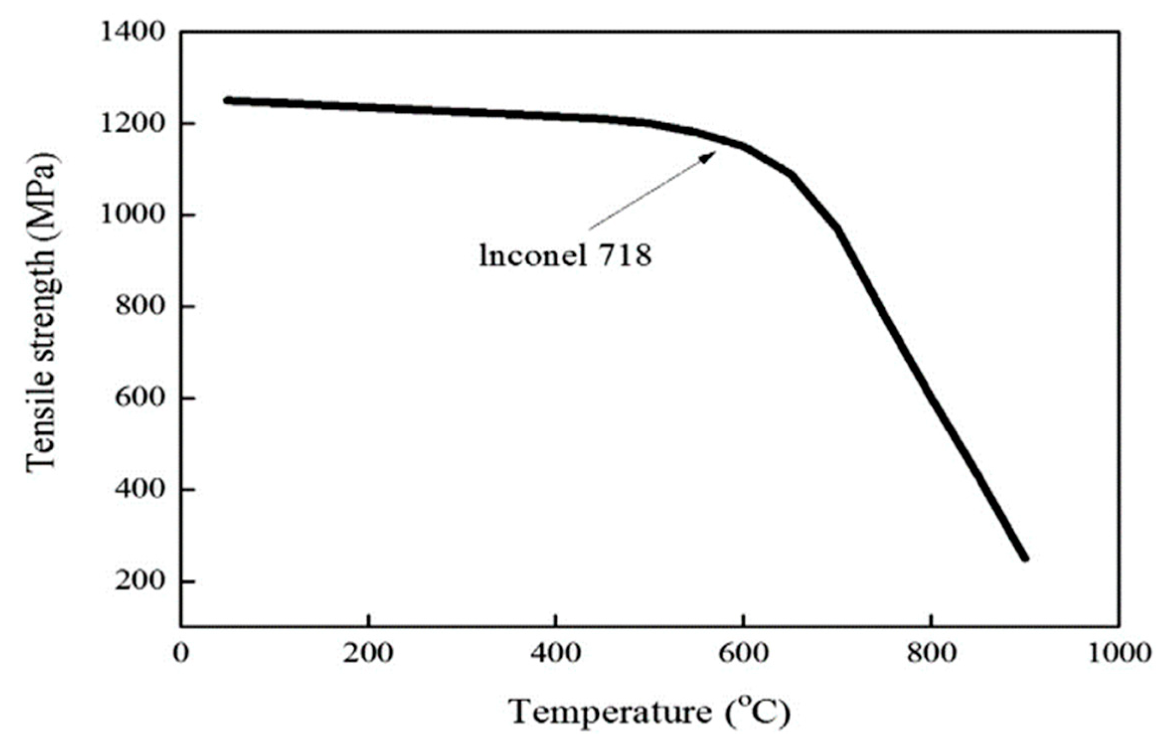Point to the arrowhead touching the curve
709,156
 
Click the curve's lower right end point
1025,558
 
